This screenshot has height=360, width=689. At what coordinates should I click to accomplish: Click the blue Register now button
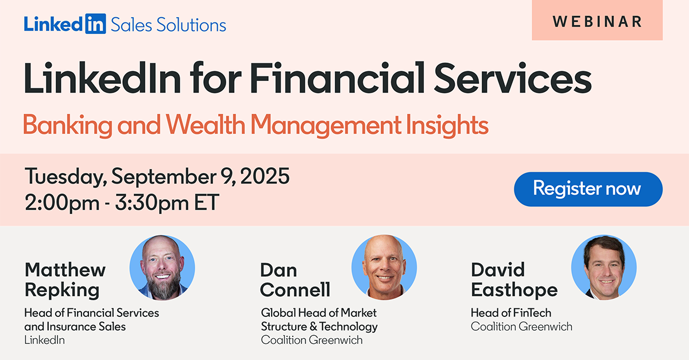pyautogui.click(x=588, y=189)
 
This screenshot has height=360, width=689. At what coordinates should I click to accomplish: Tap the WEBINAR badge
pyautogui.click(x=597, y=20)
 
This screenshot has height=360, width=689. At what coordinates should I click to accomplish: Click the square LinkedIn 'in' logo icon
pyautogui.click(x=96, y=24)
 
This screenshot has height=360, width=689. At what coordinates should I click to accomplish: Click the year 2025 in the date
pyautogui.click(x=265, y=176)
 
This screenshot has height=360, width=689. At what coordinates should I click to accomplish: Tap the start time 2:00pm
pyautogui.click(x=62, y=203)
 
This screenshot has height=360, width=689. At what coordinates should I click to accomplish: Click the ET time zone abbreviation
pyautogui.click(x=207, y=202)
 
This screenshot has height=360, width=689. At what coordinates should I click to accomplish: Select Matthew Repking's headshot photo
pyautogui.click(x=162, y=268)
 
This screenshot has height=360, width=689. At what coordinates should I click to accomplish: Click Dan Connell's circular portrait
pyautogui.click(x=384, y=268)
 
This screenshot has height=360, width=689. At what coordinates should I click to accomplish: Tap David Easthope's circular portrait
pyautogui.click(x=604, y=268)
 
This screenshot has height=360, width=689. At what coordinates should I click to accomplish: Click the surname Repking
pyautogui.click(x=62, y=291)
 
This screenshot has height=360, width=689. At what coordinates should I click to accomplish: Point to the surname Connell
pyautogui.click(x=295, y=289)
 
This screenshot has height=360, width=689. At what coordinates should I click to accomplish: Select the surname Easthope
pyautogui.click(x=514, y=290)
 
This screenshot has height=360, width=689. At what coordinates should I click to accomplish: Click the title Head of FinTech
pyautogui.click(x=511, y=313)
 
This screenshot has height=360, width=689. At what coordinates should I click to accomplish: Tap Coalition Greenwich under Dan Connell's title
pyautogui.click(x=312, y=340)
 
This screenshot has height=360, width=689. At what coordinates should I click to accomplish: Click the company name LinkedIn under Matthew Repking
pyautogui.click(x=45, y=340)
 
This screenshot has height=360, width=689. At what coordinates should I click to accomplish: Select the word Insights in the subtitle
pyautogui.click(x=447, y=125)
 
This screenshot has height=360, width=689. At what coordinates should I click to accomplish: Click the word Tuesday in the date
pyautogui.click(x=66, y=177)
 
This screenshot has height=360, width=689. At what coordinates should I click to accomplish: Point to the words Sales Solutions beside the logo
pyautogui.click(x=168, y=24)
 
